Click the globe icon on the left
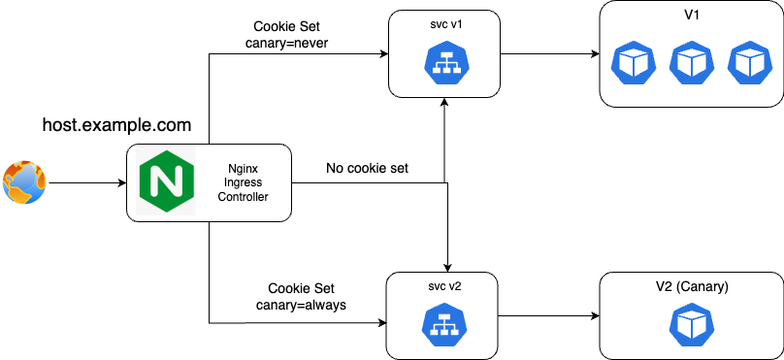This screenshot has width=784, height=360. [24, 182]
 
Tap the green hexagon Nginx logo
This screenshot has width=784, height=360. [162, 182]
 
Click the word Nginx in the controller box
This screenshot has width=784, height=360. [243, 167]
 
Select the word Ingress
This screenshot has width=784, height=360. [243, 182]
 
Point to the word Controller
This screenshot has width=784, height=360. [243, 197]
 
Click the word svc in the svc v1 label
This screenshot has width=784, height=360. [436, 25]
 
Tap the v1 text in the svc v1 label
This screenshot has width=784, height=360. [455, 25]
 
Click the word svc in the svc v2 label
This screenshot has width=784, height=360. [434, 287]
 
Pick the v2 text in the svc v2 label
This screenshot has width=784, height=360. [453, 287]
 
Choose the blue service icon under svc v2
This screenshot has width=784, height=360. [441, 325]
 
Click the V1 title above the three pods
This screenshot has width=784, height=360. [692, 16]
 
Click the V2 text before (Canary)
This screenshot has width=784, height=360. [664, 287]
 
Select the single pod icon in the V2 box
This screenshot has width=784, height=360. [691, 326]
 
